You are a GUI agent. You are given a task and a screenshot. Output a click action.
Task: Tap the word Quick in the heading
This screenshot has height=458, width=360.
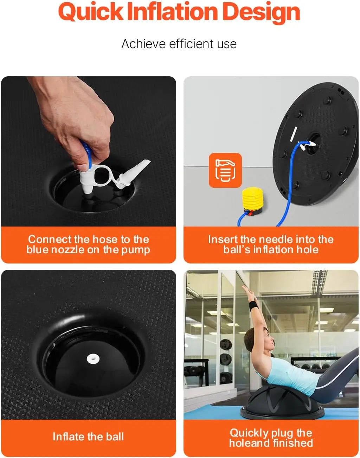pyautogui.click(x=91, y=12)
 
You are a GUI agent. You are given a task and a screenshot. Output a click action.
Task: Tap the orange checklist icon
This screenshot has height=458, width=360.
pyautogui.click(x=225, y=170)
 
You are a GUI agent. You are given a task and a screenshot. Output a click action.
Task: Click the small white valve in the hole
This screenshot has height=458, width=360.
pyautogui.click(x=93, y=359)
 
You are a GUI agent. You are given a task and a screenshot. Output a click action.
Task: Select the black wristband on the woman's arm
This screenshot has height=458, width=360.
pyautogui.click(x=253, y=305)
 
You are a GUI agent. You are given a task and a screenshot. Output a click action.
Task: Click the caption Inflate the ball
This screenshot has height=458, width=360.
pyautogui.click(x=88, y=437)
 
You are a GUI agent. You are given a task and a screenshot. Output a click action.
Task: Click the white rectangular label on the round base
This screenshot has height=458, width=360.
pyautogui.click(x=294, y=134)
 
